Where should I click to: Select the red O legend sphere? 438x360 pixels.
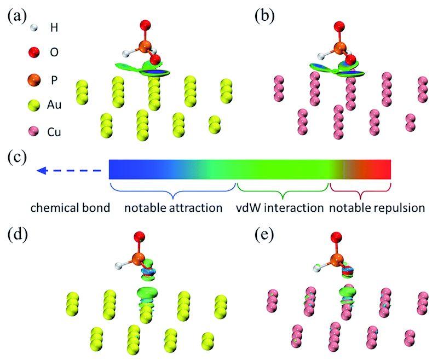click(x=20, y=53)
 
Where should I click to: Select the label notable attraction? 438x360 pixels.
click(x=173, y=208)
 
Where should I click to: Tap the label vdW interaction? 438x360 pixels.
click(x=280, y=208)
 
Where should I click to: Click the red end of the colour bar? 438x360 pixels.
click(x=381, y=169)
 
